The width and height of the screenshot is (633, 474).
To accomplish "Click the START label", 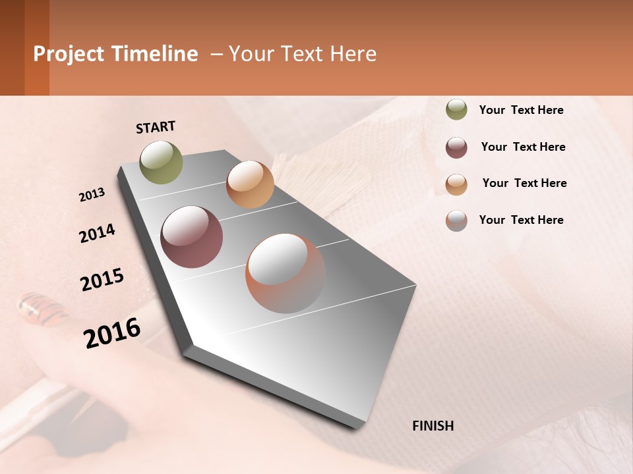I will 156,127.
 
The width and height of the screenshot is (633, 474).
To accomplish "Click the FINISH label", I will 433,426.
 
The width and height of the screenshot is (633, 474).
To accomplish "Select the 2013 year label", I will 92,195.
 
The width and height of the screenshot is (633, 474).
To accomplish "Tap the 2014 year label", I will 97,234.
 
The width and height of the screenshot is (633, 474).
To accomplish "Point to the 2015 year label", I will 102,280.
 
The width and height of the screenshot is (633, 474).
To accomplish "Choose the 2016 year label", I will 112,333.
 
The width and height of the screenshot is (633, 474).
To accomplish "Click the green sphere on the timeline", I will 162,162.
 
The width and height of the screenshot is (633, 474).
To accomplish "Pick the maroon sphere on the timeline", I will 192,237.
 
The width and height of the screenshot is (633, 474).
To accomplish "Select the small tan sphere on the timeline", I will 250,184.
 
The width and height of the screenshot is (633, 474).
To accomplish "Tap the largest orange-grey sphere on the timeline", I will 286,273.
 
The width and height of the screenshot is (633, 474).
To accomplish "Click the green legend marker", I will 456,110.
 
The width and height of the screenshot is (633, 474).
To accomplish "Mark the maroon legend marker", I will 456,147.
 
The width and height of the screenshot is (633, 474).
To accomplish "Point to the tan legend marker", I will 456,184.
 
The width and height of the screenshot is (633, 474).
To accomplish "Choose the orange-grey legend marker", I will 456,221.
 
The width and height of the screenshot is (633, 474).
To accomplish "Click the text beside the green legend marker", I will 521,110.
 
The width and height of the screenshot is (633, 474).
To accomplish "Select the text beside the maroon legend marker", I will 523,147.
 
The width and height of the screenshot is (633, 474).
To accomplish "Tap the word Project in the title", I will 69,54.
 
